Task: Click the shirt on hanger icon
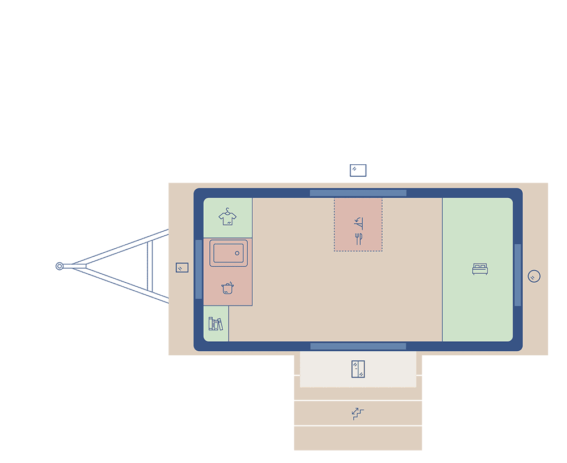pyautogui.click(x=227, y=217)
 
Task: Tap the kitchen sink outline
pyautogui.click(x=229, y=253)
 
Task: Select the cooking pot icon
pyautogui.click(x=227, y=288)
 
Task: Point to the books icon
pyautogui.click(x=215, y=324)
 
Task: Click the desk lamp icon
pyautogui.click(x=358, y=222)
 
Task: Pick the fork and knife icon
pyautogui.click(x=358, y=239)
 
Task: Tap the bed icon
pyautogui.click(x=480, y=269)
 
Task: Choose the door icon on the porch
pyautogui.click(x=358, y=369)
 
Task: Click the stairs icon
pyautogui.click(x=357, y=414)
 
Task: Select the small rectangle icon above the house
pyautogui.click(x=358, y=170)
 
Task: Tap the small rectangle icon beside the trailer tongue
pyautogui.click(x=182, y=267)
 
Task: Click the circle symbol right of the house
pyautogui.click(x=534, y=276)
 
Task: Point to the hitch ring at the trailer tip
pyautogui.click(x=59, y=266)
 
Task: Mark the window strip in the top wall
pyautogui.click(x=358, y=193)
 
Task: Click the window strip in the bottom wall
pyautogui.click(x=358, y=346)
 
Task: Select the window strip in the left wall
pyautogui.click(x=198, y=269)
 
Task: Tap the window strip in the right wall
pyautogui.click(x=518, y=275)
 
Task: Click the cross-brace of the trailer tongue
pyautogui.click(x=150, y=266)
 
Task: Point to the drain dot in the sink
pyautogui.click(x=237, y=253)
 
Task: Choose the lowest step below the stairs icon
pyautogui.click(x=358, y=438)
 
